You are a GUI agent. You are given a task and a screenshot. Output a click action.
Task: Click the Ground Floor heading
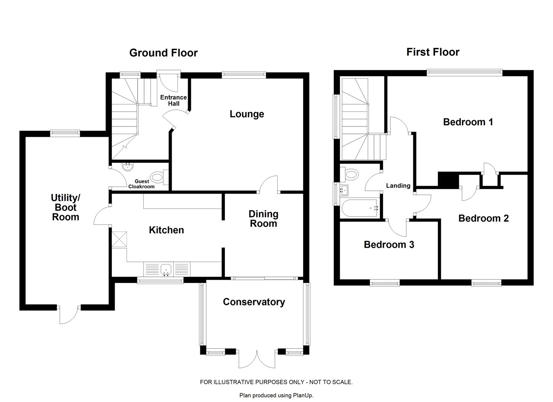[x=163, y=53]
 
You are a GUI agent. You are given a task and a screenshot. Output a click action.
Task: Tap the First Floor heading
[x=433, y=52]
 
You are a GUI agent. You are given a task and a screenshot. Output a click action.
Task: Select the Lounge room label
[x=247, y=114]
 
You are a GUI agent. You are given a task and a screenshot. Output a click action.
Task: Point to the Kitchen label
[x=166, y=230]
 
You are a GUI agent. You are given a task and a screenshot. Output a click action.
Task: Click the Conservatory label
[x=254, y=302]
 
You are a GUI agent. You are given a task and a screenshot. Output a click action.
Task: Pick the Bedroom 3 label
[x=389, y=244]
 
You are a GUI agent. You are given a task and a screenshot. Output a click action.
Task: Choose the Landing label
[x=398, y=185]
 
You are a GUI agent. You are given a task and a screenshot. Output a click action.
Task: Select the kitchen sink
[x=167, y=269]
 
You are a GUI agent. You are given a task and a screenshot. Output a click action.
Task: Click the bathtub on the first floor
[x=359, y=208]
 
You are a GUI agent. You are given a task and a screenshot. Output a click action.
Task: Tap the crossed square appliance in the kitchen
[x=119, y=239]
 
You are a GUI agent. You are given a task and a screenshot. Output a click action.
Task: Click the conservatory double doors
[x=257, y=362]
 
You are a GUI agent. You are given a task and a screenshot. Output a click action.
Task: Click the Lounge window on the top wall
[x=244, y=75]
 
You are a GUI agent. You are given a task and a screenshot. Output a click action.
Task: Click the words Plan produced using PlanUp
[x=276, y=395]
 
